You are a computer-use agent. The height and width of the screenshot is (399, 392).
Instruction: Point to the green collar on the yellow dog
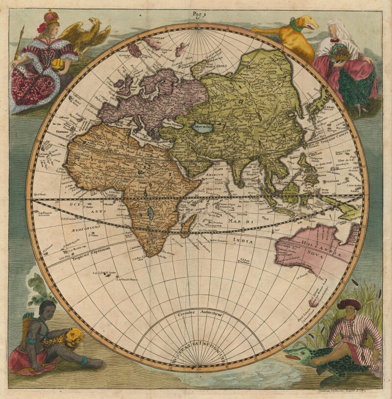coord(295,23)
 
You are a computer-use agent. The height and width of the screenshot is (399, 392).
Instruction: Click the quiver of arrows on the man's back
coord(29,324)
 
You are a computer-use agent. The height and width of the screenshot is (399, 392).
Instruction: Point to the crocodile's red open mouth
coord(293,356)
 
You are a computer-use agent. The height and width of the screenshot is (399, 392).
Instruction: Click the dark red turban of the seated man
coord(348,304)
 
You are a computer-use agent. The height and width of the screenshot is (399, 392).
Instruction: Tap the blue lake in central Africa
coord(149,212)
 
